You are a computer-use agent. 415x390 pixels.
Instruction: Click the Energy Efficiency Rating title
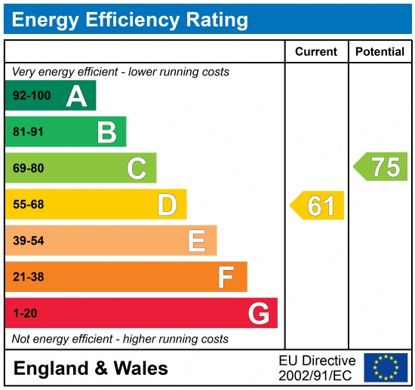pos(130,19)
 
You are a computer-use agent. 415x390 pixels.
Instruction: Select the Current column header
pos(315,52)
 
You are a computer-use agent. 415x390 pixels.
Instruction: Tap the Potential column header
pos(380,52)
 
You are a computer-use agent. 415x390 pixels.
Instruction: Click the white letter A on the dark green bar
pos(76,96)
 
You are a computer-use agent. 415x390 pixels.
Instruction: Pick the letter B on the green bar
pos(106,132)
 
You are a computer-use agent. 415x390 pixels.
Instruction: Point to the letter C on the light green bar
pos(137,168)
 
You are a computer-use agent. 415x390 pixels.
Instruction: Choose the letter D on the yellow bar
pos(167,204)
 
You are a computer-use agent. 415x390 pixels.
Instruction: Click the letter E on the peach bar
pos(196,241)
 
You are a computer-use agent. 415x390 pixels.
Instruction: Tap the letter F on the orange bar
pos(226,277)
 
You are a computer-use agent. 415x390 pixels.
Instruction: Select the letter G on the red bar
pos(258,313)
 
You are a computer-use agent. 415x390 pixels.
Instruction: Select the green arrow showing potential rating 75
pos(382,167)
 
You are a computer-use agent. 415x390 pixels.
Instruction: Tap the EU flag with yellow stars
pos(385,367)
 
